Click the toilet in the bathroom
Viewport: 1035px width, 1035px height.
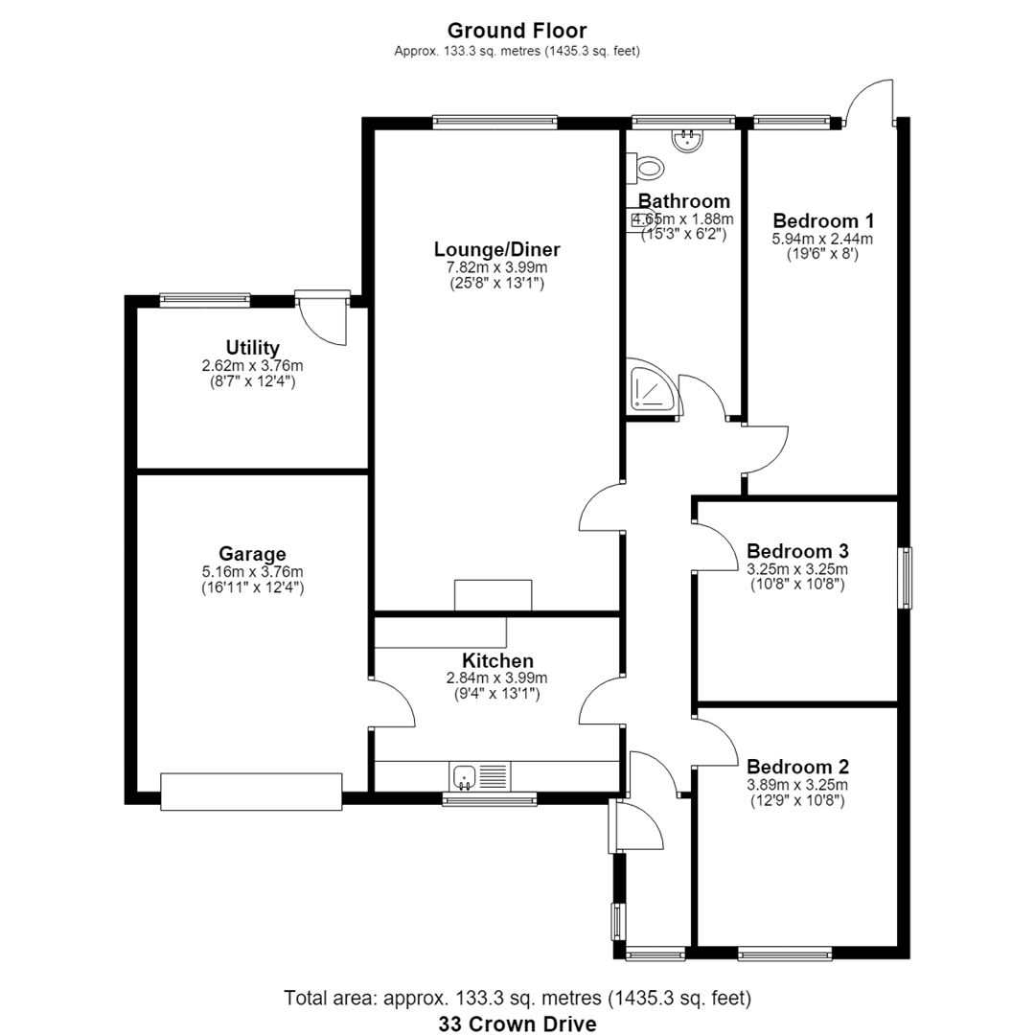tap(644, 168)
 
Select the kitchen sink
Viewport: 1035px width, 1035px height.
tap(480, 775)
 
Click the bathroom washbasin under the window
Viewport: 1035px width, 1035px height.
tap(687, 139)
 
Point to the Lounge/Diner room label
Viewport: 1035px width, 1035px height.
tap(497, 249)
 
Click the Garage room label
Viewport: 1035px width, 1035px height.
tap(252, 554)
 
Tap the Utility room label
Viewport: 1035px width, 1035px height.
tap(252, 347)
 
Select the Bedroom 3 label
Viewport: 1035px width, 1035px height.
tap(797, 550)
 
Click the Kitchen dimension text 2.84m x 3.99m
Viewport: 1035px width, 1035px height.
tap(497, 678)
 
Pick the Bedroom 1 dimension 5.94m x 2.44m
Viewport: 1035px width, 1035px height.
tap(822, 239)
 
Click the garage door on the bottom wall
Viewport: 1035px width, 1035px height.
tap(251, 792)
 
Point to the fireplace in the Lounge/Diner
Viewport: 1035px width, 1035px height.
tap(494, 595)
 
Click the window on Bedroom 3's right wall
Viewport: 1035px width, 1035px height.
tap(907, 578)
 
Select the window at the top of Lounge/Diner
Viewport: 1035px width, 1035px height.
tap(495, 122)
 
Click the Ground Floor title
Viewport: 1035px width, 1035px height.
tap(517, 31)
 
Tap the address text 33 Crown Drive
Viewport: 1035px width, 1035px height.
tap(517, 1023)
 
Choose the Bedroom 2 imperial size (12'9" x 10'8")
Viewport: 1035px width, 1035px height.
tap(797, 800)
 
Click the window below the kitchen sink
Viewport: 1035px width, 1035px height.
tap(489, 799)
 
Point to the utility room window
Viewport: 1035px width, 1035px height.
tap(205, 300)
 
